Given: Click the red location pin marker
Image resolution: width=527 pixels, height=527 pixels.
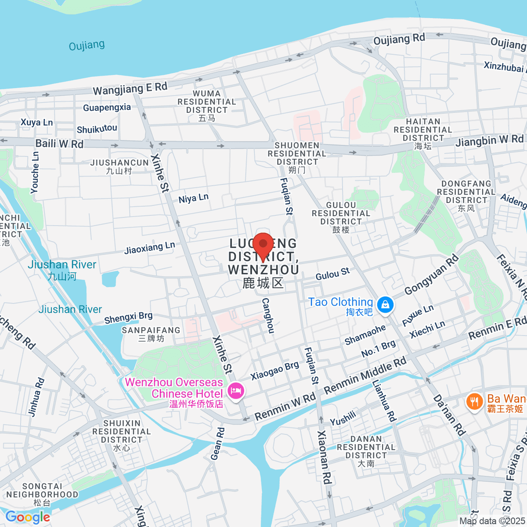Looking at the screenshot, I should pos(263,244).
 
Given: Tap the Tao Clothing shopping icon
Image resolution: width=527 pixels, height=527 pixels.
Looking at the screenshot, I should pos(385,304).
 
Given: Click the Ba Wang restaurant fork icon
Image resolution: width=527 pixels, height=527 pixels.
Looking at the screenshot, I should pos(474,401).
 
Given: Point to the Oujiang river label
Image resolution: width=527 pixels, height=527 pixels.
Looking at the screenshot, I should pos(87,45).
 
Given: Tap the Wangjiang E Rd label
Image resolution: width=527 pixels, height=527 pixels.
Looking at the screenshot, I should pos(130,89).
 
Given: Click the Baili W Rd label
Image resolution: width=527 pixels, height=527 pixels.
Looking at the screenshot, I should pos(59,144).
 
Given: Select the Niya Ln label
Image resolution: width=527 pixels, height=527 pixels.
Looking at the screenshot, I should pos(193,199).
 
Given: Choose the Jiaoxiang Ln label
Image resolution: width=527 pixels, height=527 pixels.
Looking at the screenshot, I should pos(149,248).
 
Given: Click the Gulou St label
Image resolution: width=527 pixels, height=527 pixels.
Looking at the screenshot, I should pos(332,274).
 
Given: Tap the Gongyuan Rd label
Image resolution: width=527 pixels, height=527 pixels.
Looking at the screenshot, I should pos(431,275).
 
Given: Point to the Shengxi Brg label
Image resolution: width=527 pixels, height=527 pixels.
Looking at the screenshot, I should pos(128,317).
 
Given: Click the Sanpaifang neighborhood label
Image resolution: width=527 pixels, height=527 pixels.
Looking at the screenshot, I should pos(151,334).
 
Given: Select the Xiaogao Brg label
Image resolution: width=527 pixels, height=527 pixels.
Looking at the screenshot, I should pos(274,371).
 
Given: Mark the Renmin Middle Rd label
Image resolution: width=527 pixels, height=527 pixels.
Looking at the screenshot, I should pos(365,376).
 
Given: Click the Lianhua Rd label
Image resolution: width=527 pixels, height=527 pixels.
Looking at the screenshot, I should pos(384,401).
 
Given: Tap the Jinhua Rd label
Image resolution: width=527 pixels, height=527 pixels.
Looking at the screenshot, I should pos(36,397).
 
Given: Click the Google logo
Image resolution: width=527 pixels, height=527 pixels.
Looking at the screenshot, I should pos(28,517).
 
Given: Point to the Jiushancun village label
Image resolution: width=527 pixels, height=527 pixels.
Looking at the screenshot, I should pos(119,166).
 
